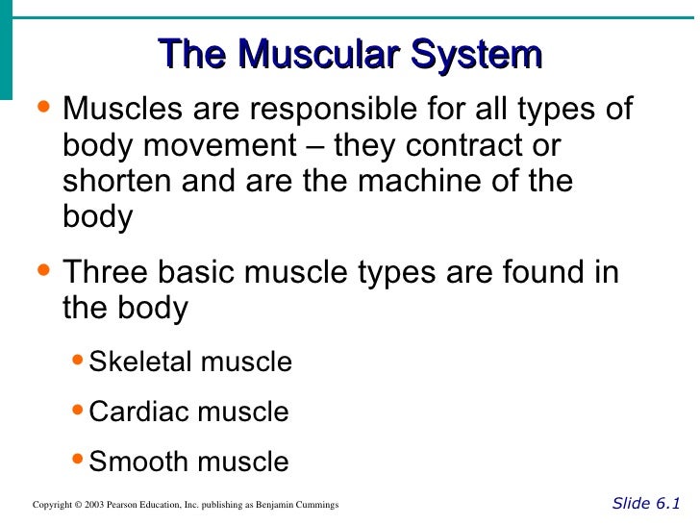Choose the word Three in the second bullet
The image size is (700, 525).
click(106, 273)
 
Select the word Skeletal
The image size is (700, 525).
click(142, 362)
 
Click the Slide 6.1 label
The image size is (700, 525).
click(646, 503)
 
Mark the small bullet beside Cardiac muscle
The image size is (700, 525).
click(79, 410)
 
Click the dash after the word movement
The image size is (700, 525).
click(314, 146)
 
